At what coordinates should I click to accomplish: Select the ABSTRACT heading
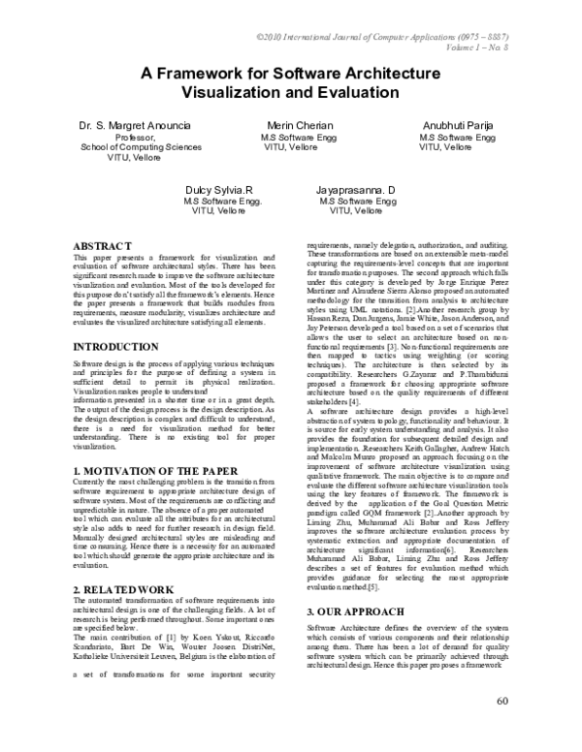[104, 247]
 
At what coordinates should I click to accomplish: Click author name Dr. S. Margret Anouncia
[135, 127]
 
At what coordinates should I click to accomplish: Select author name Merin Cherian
[297, 127]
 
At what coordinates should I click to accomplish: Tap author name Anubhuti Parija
[457, 127]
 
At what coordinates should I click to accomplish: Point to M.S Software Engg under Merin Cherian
[296, 139]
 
